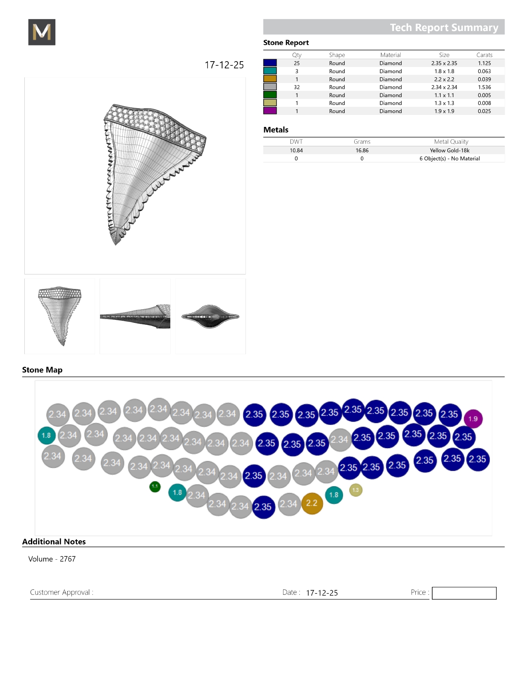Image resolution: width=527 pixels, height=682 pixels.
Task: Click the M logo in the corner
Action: (42, 32)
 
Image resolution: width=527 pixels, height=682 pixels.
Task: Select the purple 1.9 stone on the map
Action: (473, 419)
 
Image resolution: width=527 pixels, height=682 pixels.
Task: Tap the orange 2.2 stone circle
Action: (312, 503)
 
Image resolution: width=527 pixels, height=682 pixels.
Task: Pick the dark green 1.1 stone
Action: (155, 486)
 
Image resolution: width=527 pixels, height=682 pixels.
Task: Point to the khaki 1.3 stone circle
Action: (355, 490)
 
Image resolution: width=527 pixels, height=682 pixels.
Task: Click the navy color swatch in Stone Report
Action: (270, 63)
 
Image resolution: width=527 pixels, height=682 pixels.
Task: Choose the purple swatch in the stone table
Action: (270, 111)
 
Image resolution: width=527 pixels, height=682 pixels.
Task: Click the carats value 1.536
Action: (484, 87)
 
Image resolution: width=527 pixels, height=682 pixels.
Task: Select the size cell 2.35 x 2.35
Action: (444, 63)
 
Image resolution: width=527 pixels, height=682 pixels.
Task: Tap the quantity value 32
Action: (297, 87)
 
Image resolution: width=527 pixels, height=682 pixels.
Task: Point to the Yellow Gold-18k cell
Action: (449, 150)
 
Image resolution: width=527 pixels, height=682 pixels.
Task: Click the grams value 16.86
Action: (362, 150)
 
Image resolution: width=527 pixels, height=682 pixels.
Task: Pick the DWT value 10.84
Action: (296, 150)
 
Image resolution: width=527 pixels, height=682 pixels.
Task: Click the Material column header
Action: (391, 55)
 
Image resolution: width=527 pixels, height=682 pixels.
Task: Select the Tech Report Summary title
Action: (444, 27)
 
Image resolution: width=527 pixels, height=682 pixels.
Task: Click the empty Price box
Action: (464, 593)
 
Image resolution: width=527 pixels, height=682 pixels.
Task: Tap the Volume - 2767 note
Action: (52, 559)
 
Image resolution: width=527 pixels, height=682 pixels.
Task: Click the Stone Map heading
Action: (42, 370)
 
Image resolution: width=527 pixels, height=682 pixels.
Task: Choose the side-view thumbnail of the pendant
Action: (135, 317)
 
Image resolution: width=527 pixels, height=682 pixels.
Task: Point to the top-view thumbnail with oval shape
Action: (210, 317)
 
